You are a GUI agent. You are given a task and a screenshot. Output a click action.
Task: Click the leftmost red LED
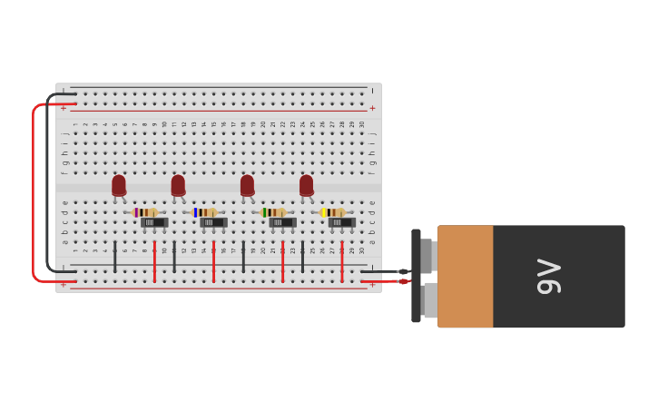pyautogui.click(x=119, y=185)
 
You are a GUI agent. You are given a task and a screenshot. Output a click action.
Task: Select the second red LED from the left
pyautogui.click(x=178, y=185)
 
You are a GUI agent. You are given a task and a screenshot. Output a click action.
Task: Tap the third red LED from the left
pyautogui.click(x=247, y=185)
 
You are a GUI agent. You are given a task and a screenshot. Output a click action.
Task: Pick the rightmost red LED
pyautogui.click(x=306, y=185)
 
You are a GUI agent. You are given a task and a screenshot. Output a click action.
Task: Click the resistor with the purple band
pyautogui.click(x=145, y=212)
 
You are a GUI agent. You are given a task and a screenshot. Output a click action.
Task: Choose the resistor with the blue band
pyautogui.click(x=205, y=212)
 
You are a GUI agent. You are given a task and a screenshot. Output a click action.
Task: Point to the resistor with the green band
pyautogui.click(x=273, y=212)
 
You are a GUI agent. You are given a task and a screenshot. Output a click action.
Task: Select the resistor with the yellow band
pyautogui.click(x=333, y=212)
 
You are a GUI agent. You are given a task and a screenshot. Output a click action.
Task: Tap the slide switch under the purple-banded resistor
pyautogui.click(x=154, y=222)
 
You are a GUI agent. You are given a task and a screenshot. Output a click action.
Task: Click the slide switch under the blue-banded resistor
pyautogui.click(x=213, y=222)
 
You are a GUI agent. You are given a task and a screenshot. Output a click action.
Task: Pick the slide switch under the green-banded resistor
pyautogui.click(x=282, y=222)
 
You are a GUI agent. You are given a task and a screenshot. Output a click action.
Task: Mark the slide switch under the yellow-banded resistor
pyautogui.click(x=341, y=222)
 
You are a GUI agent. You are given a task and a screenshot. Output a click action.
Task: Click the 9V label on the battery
pyautogui.click(x=548, y=276)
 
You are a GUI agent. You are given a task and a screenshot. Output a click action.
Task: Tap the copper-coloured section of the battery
pyautogui.click(x=466, y=276)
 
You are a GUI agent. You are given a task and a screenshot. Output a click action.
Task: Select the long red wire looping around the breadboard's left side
pyautogui.click(x=34, y=191)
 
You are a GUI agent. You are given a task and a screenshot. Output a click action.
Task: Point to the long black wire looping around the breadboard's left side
pyautogui.click(x=47, y=181)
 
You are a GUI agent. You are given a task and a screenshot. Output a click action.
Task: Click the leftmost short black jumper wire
pyautogui.click(x=114, y=257)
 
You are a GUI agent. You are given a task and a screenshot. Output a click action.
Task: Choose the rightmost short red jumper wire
pyautogui.click(x=342, y=261)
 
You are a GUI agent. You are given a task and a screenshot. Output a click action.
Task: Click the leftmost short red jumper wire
pyautogui.click(x=154, y=261)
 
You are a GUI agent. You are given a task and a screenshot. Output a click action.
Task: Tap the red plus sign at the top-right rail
pyautogui.click(x=372, y=108)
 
